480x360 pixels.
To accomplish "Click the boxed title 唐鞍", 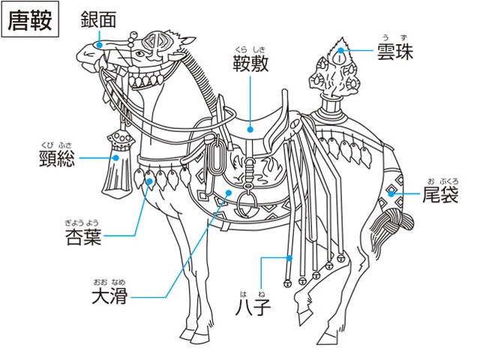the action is click(30, 19).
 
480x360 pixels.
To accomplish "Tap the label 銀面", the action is click(98, 19).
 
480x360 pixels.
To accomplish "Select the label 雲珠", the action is click(395, 52).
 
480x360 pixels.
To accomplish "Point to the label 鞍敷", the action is click(250, 63).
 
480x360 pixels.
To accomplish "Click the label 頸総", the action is click(57, 158).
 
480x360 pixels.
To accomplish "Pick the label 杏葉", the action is click(83, 237).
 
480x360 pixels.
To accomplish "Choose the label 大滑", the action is click(109, 295).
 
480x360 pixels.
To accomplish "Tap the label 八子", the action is click(253, 307).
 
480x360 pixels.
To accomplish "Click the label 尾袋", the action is click(440, 194).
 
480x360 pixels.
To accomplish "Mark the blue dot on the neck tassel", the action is click(115, 158).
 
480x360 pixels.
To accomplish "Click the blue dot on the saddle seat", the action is click(250, 130).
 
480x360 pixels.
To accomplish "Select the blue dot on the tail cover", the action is click(391, 193).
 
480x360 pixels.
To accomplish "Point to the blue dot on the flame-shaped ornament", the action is click(340, 50).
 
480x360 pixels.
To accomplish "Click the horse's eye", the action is click(140, 54).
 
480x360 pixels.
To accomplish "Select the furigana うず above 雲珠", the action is click(395, 38).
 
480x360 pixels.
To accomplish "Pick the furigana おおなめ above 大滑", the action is click(109, 282).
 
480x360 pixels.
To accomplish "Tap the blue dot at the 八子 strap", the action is click(289, 258).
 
